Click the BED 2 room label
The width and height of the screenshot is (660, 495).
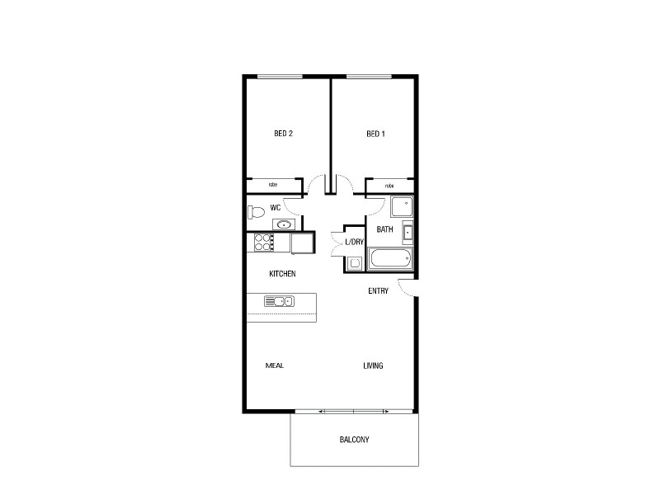pyautogui.click(x=284, y=134)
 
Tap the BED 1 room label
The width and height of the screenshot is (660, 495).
pyautogui.click(x=375, y=134)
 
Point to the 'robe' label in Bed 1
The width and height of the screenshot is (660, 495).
pyautogui.click(x=389, y=186)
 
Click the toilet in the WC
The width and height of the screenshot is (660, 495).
pyautogui.click(x=255, y=212)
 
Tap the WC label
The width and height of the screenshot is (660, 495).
pyautogui.click(x=276, y=208)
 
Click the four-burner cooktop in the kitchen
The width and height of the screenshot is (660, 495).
pyautogui.click(x=263, y=243)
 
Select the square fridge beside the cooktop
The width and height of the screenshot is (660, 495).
pyautogui.click(x=301, y=243)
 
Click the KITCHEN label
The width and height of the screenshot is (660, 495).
pyautogui.click(x=282, y=274)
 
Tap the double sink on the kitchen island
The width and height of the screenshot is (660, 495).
pyautogui.click(x=279, y=301)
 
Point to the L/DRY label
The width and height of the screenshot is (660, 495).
pyautogui.click(x=355, y=242)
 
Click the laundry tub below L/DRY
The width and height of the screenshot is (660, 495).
pyautogui.click(x=354, y=263)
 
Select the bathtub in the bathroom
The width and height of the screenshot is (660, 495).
pyautogui.click(x=391, y=261)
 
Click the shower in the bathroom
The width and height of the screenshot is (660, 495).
pyautogui.click(x=402, y=207)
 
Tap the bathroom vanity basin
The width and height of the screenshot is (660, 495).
pyautogui.click(x=408, y=232)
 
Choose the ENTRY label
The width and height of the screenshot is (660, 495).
pyautogui.click(x=379, y=290)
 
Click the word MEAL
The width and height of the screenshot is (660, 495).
pyautogui.click(x=275, y=365)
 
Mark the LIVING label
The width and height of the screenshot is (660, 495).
pyautogui.click(x=373, y=365)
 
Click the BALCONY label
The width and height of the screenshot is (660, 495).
pyautogui.click(x=354, y=440)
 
